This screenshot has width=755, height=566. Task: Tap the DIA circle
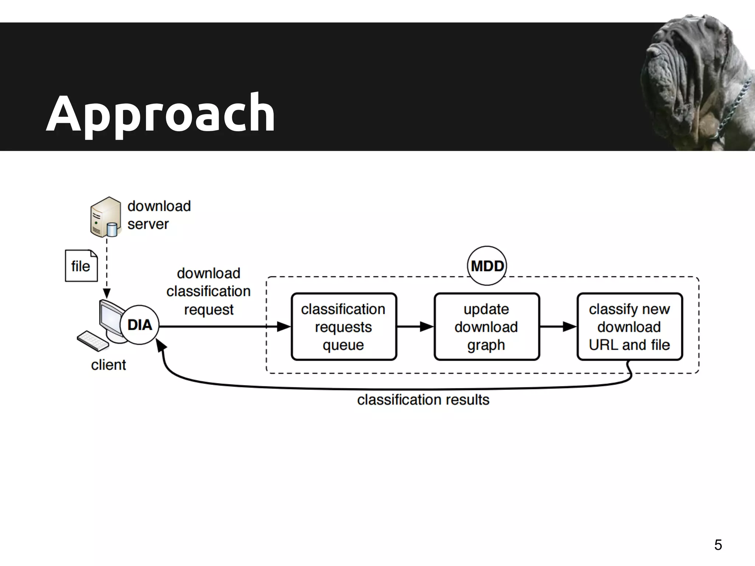pos(140,325)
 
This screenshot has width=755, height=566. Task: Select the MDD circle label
pos(487,266)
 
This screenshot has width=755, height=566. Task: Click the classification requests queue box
pos(344,326)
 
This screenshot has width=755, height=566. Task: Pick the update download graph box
pos(486,326)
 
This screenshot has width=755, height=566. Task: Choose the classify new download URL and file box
pos(629,326)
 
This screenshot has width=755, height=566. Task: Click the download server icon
pos(105,217)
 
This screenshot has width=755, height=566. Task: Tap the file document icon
pos(81,266)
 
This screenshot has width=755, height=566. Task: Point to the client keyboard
pos(93,341)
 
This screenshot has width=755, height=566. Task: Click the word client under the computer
pos(108,365)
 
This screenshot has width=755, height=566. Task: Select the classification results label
pos(423,400)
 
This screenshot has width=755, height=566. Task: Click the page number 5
pos(718,545)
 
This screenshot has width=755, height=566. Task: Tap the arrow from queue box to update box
pos(415,326)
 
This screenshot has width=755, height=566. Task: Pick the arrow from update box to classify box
pos(558,326)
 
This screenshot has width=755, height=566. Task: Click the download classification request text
pos(208,291)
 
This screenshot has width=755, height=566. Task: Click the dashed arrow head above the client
pos(107,294)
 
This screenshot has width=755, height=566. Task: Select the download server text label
pos(159,215)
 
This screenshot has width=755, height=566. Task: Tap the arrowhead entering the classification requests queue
pos(284,326)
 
